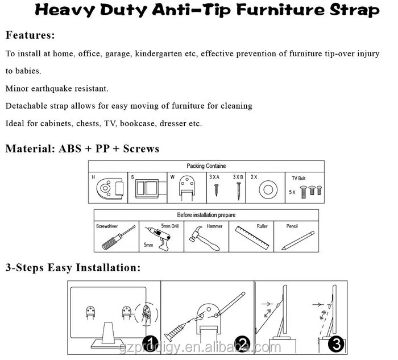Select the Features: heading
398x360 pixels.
30,35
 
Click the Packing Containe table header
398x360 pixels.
206,166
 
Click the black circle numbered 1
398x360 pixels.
150,344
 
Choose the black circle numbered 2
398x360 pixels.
243,344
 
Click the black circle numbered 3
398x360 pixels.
336,344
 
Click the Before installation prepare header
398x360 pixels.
206,215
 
